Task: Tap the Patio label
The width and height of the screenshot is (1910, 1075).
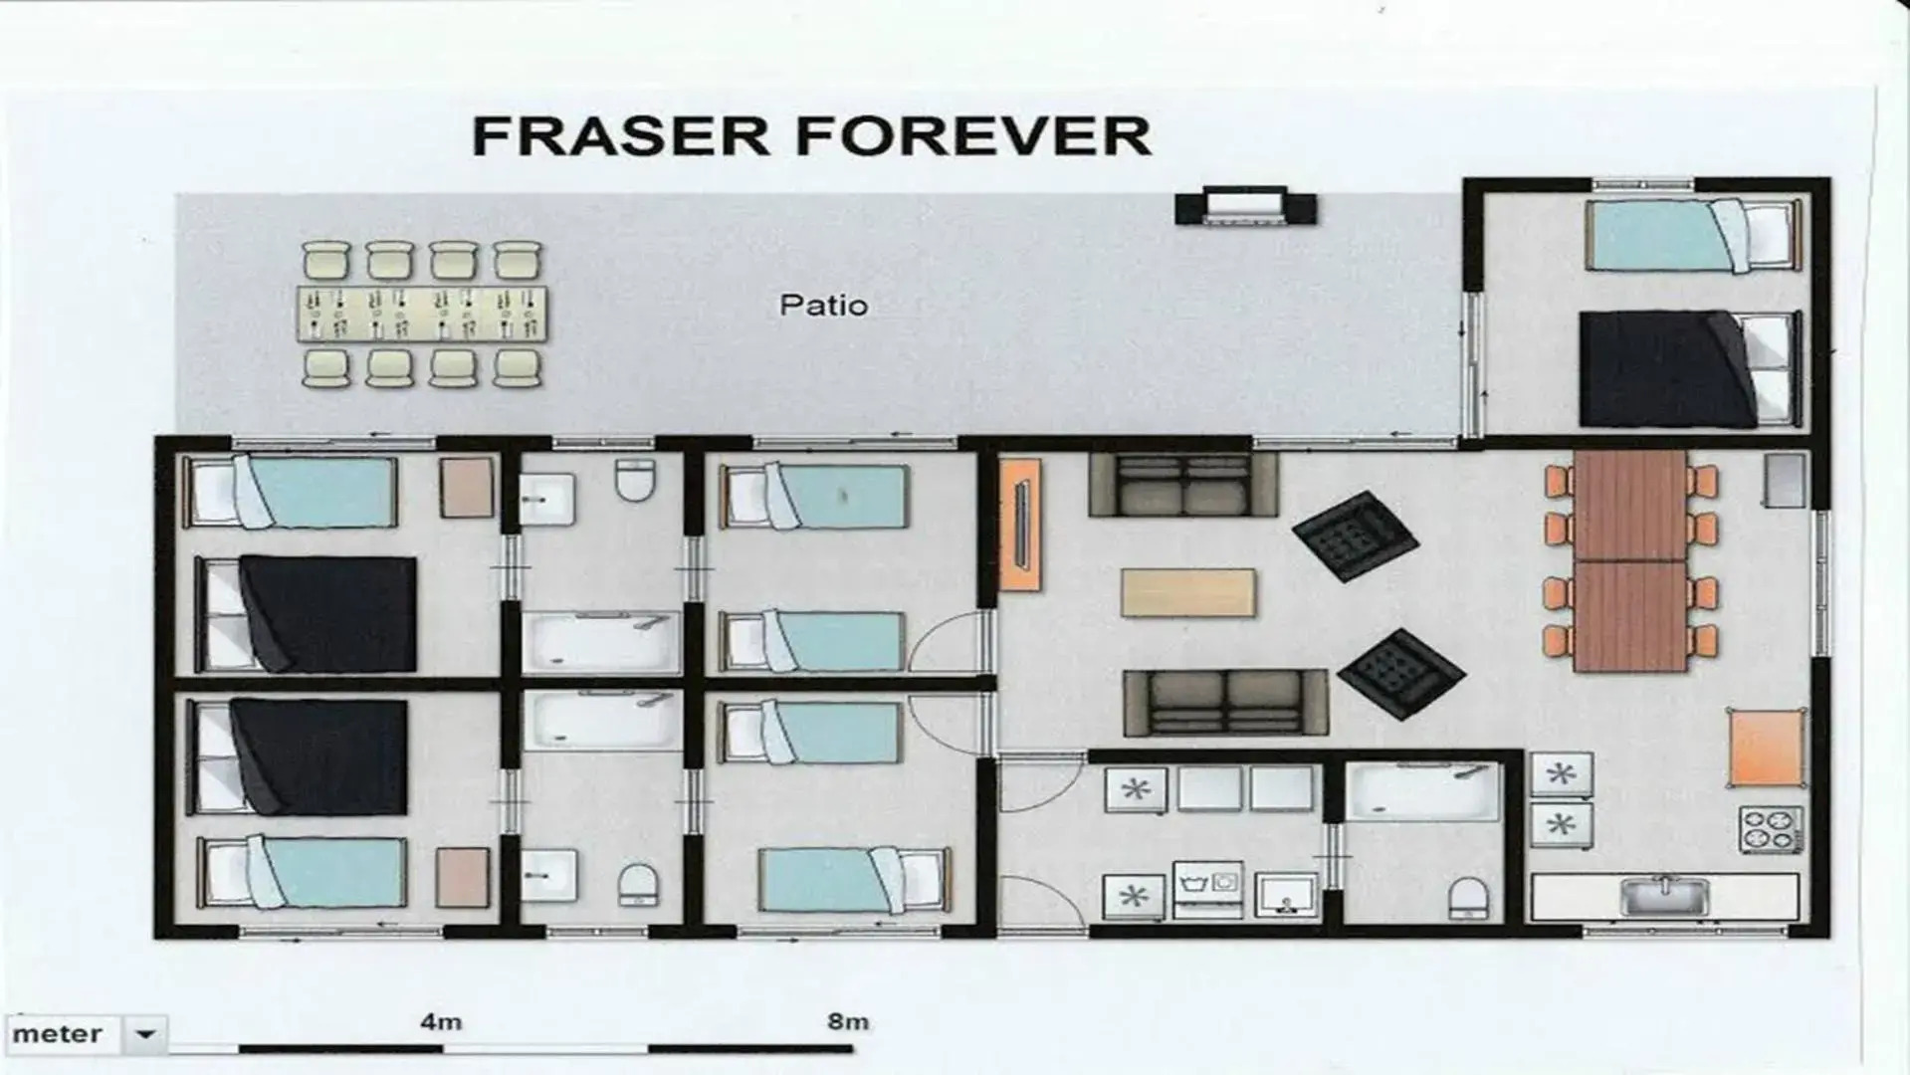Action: pyautogui.click(x=823, y=305)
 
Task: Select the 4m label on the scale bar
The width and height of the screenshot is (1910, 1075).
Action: pyautogui.click(x=440, y=1021)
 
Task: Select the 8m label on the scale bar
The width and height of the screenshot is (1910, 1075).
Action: pyautogui.click(x=847, y=1021)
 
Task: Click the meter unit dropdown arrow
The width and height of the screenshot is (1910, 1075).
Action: pyautogui.click(x=145, y=1034)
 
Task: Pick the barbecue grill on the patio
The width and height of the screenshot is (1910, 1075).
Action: pyautogui.click(x=1245, y=207)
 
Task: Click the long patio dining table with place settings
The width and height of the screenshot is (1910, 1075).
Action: pyautogui.click(x=422, y=314)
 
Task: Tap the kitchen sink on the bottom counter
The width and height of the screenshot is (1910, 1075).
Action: pyautogui.click(x=1663, y=896)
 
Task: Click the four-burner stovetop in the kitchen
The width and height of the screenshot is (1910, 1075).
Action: pyautogui.click(x=1770, y=829)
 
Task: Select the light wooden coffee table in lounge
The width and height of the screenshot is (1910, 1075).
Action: pyautogui.click(x=1187, y=592)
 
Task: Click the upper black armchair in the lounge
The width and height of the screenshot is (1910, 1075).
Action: pyautogui.click(x=1355, y=537)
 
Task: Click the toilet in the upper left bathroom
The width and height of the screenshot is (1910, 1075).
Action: pyautogui.click(x=634, y=480)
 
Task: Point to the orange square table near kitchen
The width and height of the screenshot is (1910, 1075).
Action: pyautogui.click(x=1766, y=748)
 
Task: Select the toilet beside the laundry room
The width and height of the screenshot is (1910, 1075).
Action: pyautogui.click(x=1467, y=898)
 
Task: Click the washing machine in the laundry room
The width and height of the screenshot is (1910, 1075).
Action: pyautogui.click(x=1208, y=889)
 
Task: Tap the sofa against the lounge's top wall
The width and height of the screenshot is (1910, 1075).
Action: pyautogui.click(x=1182, y=485)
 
